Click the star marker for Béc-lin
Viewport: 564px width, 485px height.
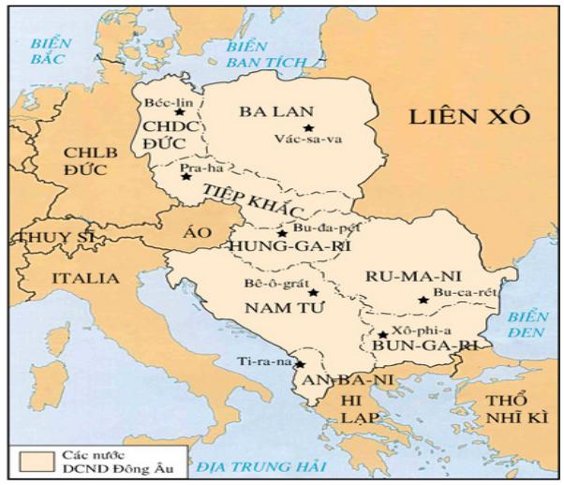[179, 112]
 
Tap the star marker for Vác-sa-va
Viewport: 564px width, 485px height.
[307, 128]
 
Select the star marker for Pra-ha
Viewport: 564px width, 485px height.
[186, 176]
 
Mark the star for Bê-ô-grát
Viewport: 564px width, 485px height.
[314, 293]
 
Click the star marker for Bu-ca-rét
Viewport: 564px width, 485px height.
[423, 300]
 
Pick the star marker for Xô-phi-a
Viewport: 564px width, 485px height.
[383, 334]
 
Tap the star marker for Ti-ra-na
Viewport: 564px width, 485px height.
[302, 363]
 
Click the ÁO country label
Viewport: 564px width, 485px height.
[197, 237]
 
